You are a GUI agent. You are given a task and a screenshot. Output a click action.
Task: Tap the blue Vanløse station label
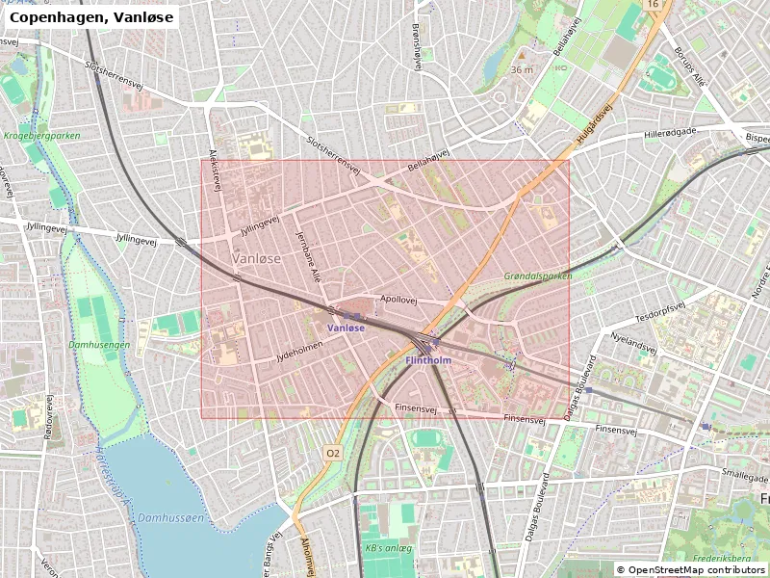[x=346, y=328]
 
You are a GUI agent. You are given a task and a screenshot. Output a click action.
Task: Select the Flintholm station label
[x=428, y=360]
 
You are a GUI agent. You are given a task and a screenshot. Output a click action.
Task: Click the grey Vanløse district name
[x=257, y=259]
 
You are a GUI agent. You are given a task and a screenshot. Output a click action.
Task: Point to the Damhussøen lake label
[x=170, y=517]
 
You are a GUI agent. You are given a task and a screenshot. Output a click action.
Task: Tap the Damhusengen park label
[x=99, y=344]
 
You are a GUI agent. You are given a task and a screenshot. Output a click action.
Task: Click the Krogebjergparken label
[x=41, y=136]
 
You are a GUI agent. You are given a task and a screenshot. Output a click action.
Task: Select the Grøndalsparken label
[x=538, y=276]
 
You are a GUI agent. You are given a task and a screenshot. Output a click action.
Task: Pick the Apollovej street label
[x=398, y=300]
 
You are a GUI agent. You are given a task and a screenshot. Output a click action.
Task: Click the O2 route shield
[x=333, y=453]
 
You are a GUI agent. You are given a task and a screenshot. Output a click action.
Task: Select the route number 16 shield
[x=654, y=6]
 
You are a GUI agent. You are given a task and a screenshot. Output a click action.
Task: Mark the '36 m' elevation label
[x=522, y=70]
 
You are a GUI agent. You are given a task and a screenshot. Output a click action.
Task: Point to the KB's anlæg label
[x=388, y=549]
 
